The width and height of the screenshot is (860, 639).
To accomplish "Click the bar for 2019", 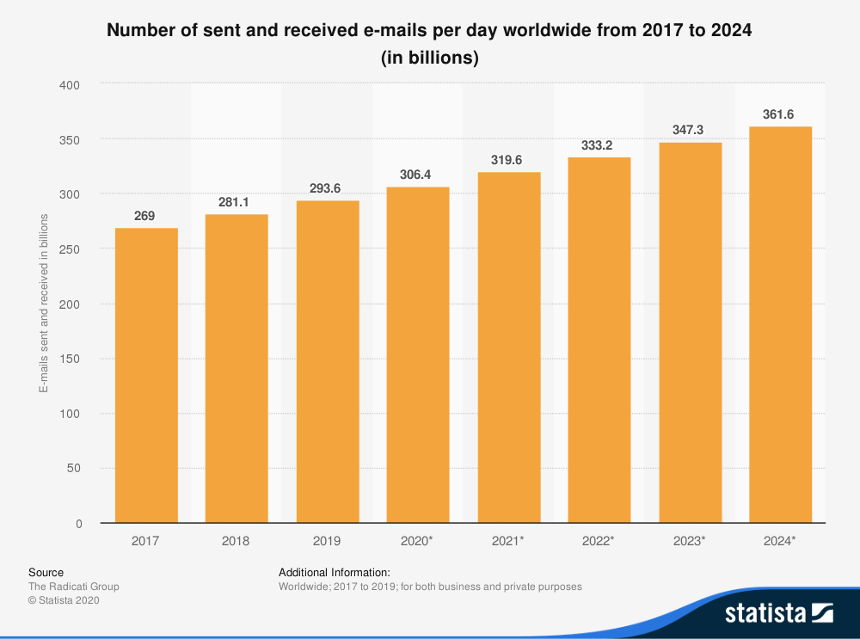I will click(328, 362).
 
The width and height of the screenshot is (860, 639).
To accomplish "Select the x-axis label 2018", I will click(236, 541).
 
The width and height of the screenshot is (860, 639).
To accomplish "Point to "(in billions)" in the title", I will click(429, 58).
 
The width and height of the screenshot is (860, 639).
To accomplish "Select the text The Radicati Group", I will click(74, 587).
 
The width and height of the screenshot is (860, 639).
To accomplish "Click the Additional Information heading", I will click(335, 572).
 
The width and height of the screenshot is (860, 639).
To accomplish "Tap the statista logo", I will click(778, 613).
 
